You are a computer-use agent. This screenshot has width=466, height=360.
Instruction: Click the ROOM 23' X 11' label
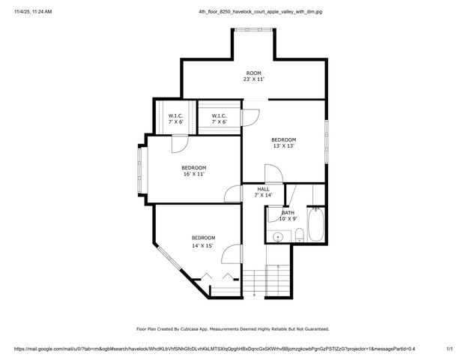click(253, 76)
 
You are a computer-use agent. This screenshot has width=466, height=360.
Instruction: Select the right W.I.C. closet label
click(219, 118)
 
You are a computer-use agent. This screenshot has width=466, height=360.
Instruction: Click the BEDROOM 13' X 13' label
click(283, 142)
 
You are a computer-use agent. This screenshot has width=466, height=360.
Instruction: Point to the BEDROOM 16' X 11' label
click(194, 170)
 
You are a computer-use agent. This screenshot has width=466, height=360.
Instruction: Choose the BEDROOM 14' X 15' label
click(203, 241)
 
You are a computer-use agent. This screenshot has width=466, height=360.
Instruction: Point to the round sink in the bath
click(279, 236)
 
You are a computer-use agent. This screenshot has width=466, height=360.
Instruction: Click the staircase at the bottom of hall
click(267, 281)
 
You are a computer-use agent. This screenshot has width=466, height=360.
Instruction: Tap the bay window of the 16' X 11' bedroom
click(140, 169)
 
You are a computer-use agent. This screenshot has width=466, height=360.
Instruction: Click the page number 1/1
click(450, 349)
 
